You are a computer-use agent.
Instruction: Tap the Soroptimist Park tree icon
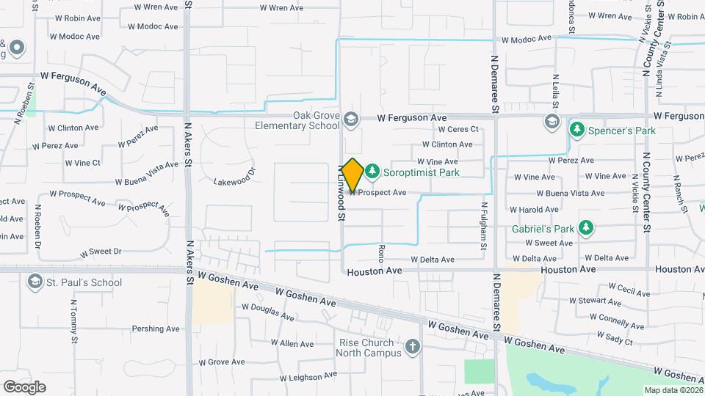click(373, 172)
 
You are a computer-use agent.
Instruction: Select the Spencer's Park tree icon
click(577, 130)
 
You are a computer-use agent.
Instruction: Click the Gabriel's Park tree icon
click(585, 228)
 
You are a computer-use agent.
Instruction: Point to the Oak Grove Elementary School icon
click(351, 119)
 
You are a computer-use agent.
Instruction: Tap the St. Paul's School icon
click(34, 282)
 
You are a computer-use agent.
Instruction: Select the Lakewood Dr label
click(234, 177)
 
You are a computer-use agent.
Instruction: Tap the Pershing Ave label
click(156, 329)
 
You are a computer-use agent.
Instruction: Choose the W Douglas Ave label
click(268, 312)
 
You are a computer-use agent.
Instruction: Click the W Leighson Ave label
click(308, 377)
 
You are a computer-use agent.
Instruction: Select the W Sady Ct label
click(615, 338)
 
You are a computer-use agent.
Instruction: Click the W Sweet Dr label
click(101, 252)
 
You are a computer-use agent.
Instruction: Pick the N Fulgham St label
click(484, 226)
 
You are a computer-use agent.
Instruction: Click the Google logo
click(24, 386)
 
